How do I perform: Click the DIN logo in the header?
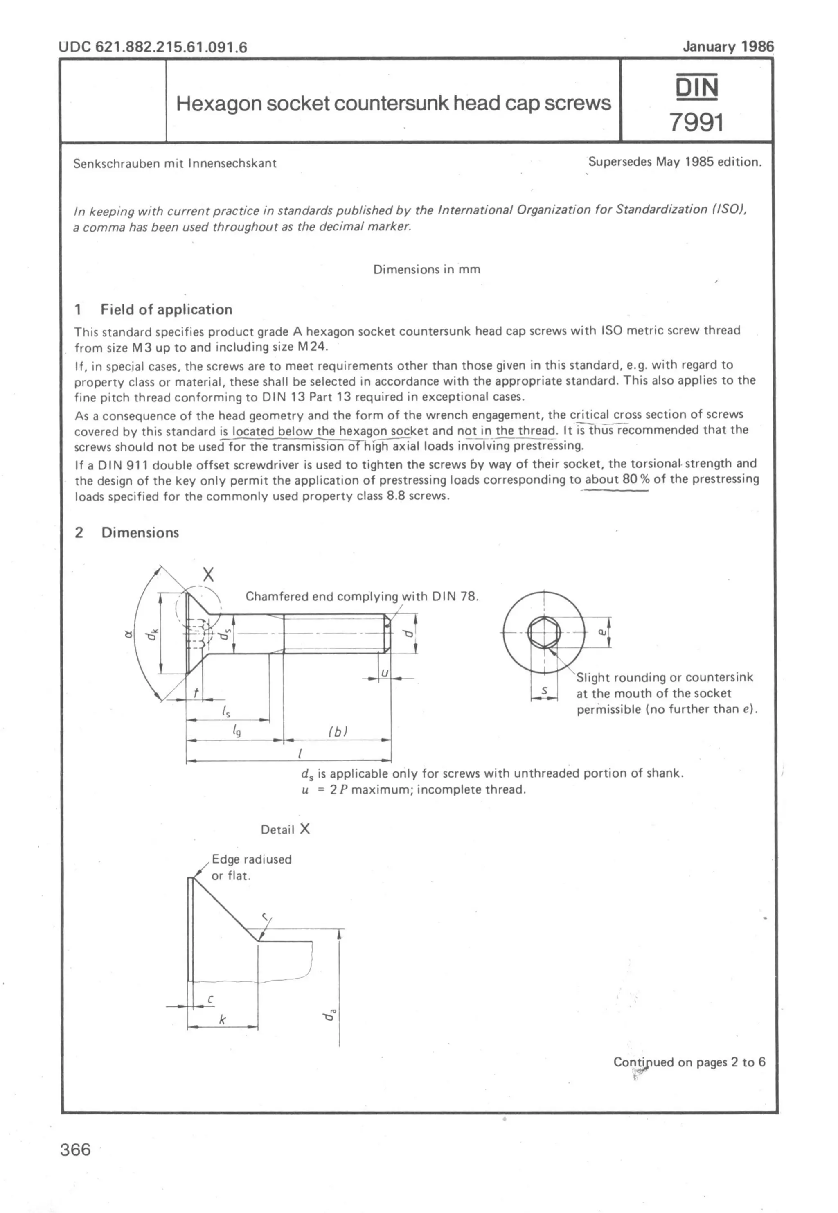click(696, 87)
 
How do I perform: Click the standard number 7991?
click(696, 122)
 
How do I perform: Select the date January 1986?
click(728, 47)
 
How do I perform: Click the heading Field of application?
click(166, 309)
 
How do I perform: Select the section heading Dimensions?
click(140, 532)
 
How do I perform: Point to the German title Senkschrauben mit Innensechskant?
click(174, 163)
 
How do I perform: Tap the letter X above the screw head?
click(208, 575)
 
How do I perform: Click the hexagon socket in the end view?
click(544, 632)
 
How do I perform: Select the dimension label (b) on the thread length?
click(338, 731)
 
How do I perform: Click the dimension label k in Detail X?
click(222, 1019)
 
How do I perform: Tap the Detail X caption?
click(285, 829)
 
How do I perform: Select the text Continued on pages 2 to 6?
click(689, 1062)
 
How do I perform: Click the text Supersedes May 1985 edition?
click(674, 162)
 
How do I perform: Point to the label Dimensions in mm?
click(426, 269)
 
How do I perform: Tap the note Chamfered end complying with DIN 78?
click(362, 597)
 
